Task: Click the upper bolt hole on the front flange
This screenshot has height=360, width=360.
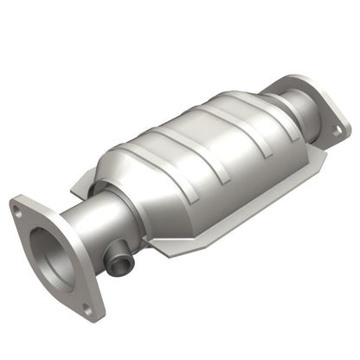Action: [x=16, y=208]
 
